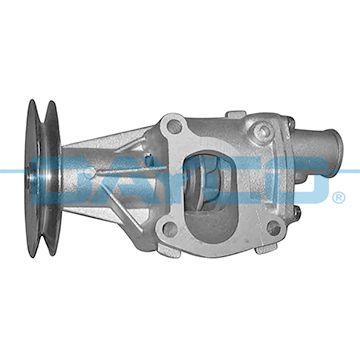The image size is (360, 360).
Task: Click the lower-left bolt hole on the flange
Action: coord(171,228)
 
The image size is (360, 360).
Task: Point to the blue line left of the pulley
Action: coord(12,171)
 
